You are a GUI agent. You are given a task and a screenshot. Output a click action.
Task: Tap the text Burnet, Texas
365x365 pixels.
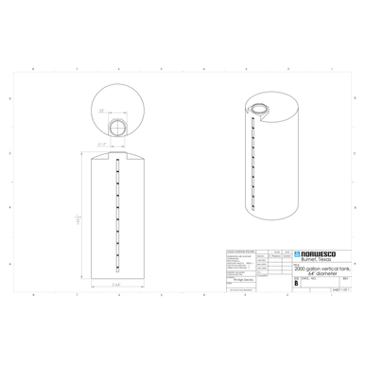tap(315, 259)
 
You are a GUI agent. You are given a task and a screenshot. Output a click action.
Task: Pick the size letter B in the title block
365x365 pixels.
tap(297, 284)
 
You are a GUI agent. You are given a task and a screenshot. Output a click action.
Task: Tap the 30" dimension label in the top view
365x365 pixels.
tap(100, 112)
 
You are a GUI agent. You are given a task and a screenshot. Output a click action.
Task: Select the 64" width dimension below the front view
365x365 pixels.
tap(115, 284)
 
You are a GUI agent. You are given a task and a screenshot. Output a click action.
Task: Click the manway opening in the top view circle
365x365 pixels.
tap(117, 126)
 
